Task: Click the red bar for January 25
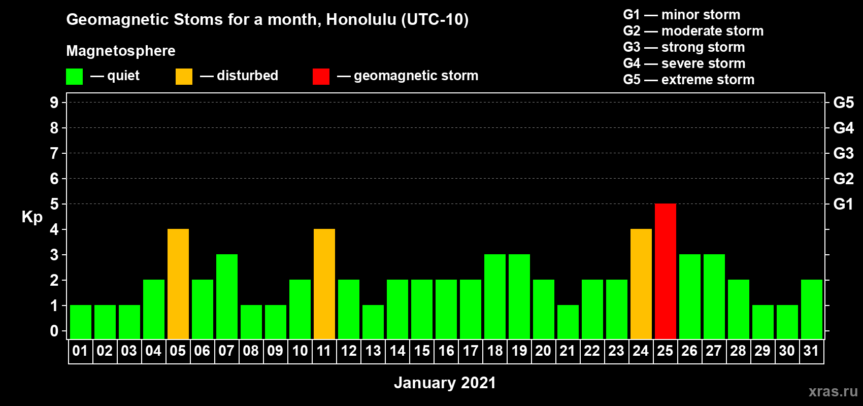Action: click(666, 271)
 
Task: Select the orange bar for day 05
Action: click(178, 284)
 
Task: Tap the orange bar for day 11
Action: click(324, 284)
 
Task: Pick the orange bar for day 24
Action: click(641, 284)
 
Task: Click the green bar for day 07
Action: click(227, 296)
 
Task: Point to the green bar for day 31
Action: click(812, 309)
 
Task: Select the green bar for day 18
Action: click(495, 296)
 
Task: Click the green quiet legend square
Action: click(74, 77)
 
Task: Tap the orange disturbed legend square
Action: click(184, 77)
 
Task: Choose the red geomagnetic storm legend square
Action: click(321, 77)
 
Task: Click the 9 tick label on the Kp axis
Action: click(54, 103)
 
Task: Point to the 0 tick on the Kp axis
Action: click(54, 331)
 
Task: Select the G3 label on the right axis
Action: click(844, 153)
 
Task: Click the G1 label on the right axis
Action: click(843, 204)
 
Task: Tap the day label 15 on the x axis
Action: click(422, 351)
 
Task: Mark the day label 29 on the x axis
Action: click(762, 351)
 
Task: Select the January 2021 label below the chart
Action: click(445, 383)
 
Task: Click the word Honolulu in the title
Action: click(361, 20)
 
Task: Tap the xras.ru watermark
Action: click(834, 392)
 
